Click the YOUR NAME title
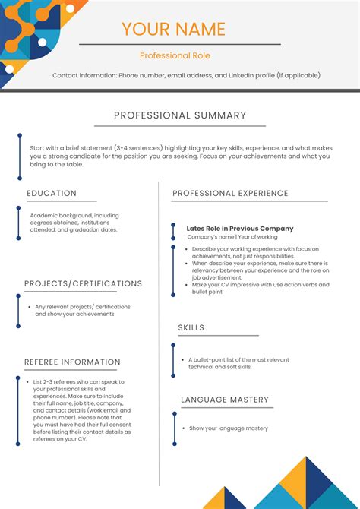[174, 30]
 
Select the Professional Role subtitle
[174, 55]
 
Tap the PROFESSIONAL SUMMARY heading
[180, 115]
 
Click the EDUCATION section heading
[52, 194]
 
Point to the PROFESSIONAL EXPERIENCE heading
[230, 194]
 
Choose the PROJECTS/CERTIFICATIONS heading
[83, 283]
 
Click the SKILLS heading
[191, 327]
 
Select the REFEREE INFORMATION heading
[72, 362]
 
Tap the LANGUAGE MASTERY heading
[225, 400]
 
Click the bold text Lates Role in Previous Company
[239, 228]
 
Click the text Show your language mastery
[229, 428]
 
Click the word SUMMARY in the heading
[219, 115]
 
